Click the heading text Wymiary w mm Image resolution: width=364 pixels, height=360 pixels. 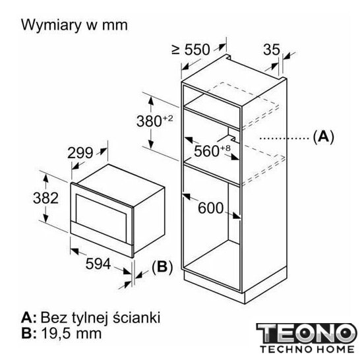[75, 25]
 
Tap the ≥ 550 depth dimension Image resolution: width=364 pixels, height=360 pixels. [191, 49]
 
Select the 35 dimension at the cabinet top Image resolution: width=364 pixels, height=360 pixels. [272, 49]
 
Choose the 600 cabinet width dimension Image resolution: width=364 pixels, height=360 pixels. [211, 208]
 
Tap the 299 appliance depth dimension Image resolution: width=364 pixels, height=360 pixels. [80, 153]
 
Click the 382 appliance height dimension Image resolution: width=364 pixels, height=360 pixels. [45, 198]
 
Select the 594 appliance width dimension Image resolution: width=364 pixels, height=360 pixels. [98, 264]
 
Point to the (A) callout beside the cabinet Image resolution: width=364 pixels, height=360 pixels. [323, 136]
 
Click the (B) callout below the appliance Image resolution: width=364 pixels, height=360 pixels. [162, 267]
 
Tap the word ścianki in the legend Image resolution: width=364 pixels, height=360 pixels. [136, 317]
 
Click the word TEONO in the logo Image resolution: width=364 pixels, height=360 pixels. [307, 334]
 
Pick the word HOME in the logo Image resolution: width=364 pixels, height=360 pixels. [336, 349]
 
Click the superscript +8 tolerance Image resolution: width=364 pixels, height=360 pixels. [226, 148]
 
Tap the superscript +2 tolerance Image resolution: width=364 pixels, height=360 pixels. [168, 119]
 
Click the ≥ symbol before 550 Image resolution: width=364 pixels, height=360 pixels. [176, 49]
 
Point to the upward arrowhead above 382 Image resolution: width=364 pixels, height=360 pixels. [45, 178]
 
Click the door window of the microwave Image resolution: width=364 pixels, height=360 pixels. [101, 215]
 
